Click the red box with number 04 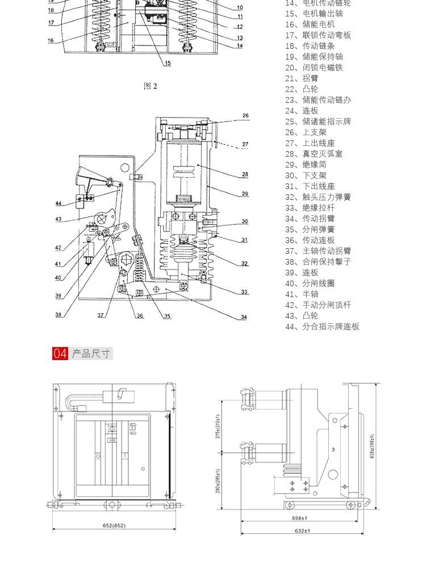click(60, 354)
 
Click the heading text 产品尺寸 click(91, 354)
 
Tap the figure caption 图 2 click(151, 86)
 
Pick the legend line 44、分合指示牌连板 click(322, 327)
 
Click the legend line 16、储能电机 click(310, 24)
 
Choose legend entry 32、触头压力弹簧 click(318, 197)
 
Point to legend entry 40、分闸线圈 click(310, 283)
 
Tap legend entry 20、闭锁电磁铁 click(314, 68)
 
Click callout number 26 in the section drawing click(245, 116)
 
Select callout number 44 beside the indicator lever click(59, 203)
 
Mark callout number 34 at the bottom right click(244, 317)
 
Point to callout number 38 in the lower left click(59, 315)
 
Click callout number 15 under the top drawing click(168, 63)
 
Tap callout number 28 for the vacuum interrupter click(245, 174)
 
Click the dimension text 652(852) click(114, 525)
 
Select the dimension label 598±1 click(299, 518)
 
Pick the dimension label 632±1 click(302, 531)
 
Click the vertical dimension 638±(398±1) click(373, 446)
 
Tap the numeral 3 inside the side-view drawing click(333, 450)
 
